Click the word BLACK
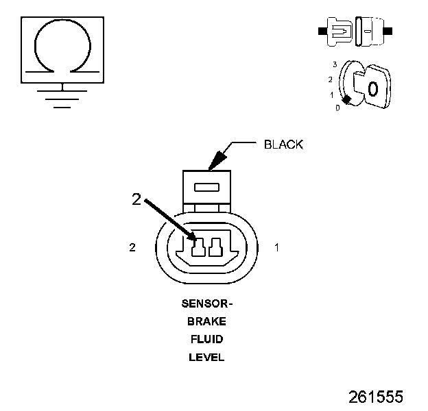283,145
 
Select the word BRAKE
206,321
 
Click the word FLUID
206,338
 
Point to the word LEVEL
206,357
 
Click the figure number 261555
375,397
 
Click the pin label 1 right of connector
276,247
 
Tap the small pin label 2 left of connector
132,247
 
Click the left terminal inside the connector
199,247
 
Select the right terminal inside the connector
217,247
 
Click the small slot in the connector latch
207,187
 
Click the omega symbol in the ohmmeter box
62,46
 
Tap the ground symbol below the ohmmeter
62,95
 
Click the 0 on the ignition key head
372,88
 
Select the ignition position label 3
334,64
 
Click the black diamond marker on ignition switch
348,100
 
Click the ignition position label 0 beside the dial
337,108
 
